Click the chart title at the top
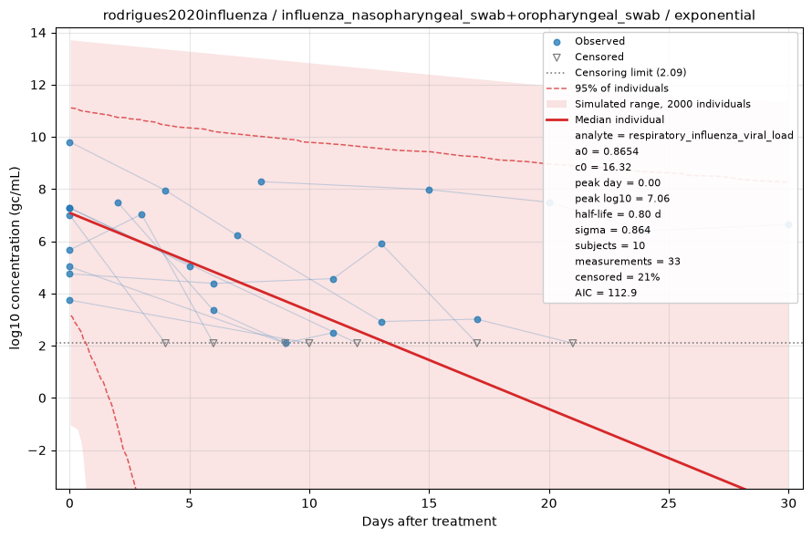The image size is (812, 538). [429, 15]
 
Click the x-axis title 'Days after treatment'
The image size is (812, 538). [429, 522]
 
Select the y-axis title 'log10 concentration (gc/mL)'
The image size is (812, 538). [15, 258]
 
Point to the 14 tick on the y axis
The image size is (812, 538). [38, 33]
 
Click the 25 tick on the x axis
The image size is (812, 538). [669, 502]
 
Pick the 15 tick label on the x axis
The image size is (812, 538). [429, 502]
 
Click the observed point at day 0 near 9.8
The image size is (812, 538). [70, 143]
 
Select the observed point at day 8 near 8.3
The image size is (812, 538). [262, 181]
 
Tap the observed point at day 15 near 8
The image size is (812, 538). [430, 190]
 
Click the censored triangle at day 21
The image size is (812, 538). [573, 343]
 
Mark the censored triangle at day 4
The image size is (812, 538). [166, 343]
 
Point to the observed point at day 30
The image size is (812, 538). [788, 224]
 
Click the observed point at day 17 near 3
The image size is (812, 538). [477, 319]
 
